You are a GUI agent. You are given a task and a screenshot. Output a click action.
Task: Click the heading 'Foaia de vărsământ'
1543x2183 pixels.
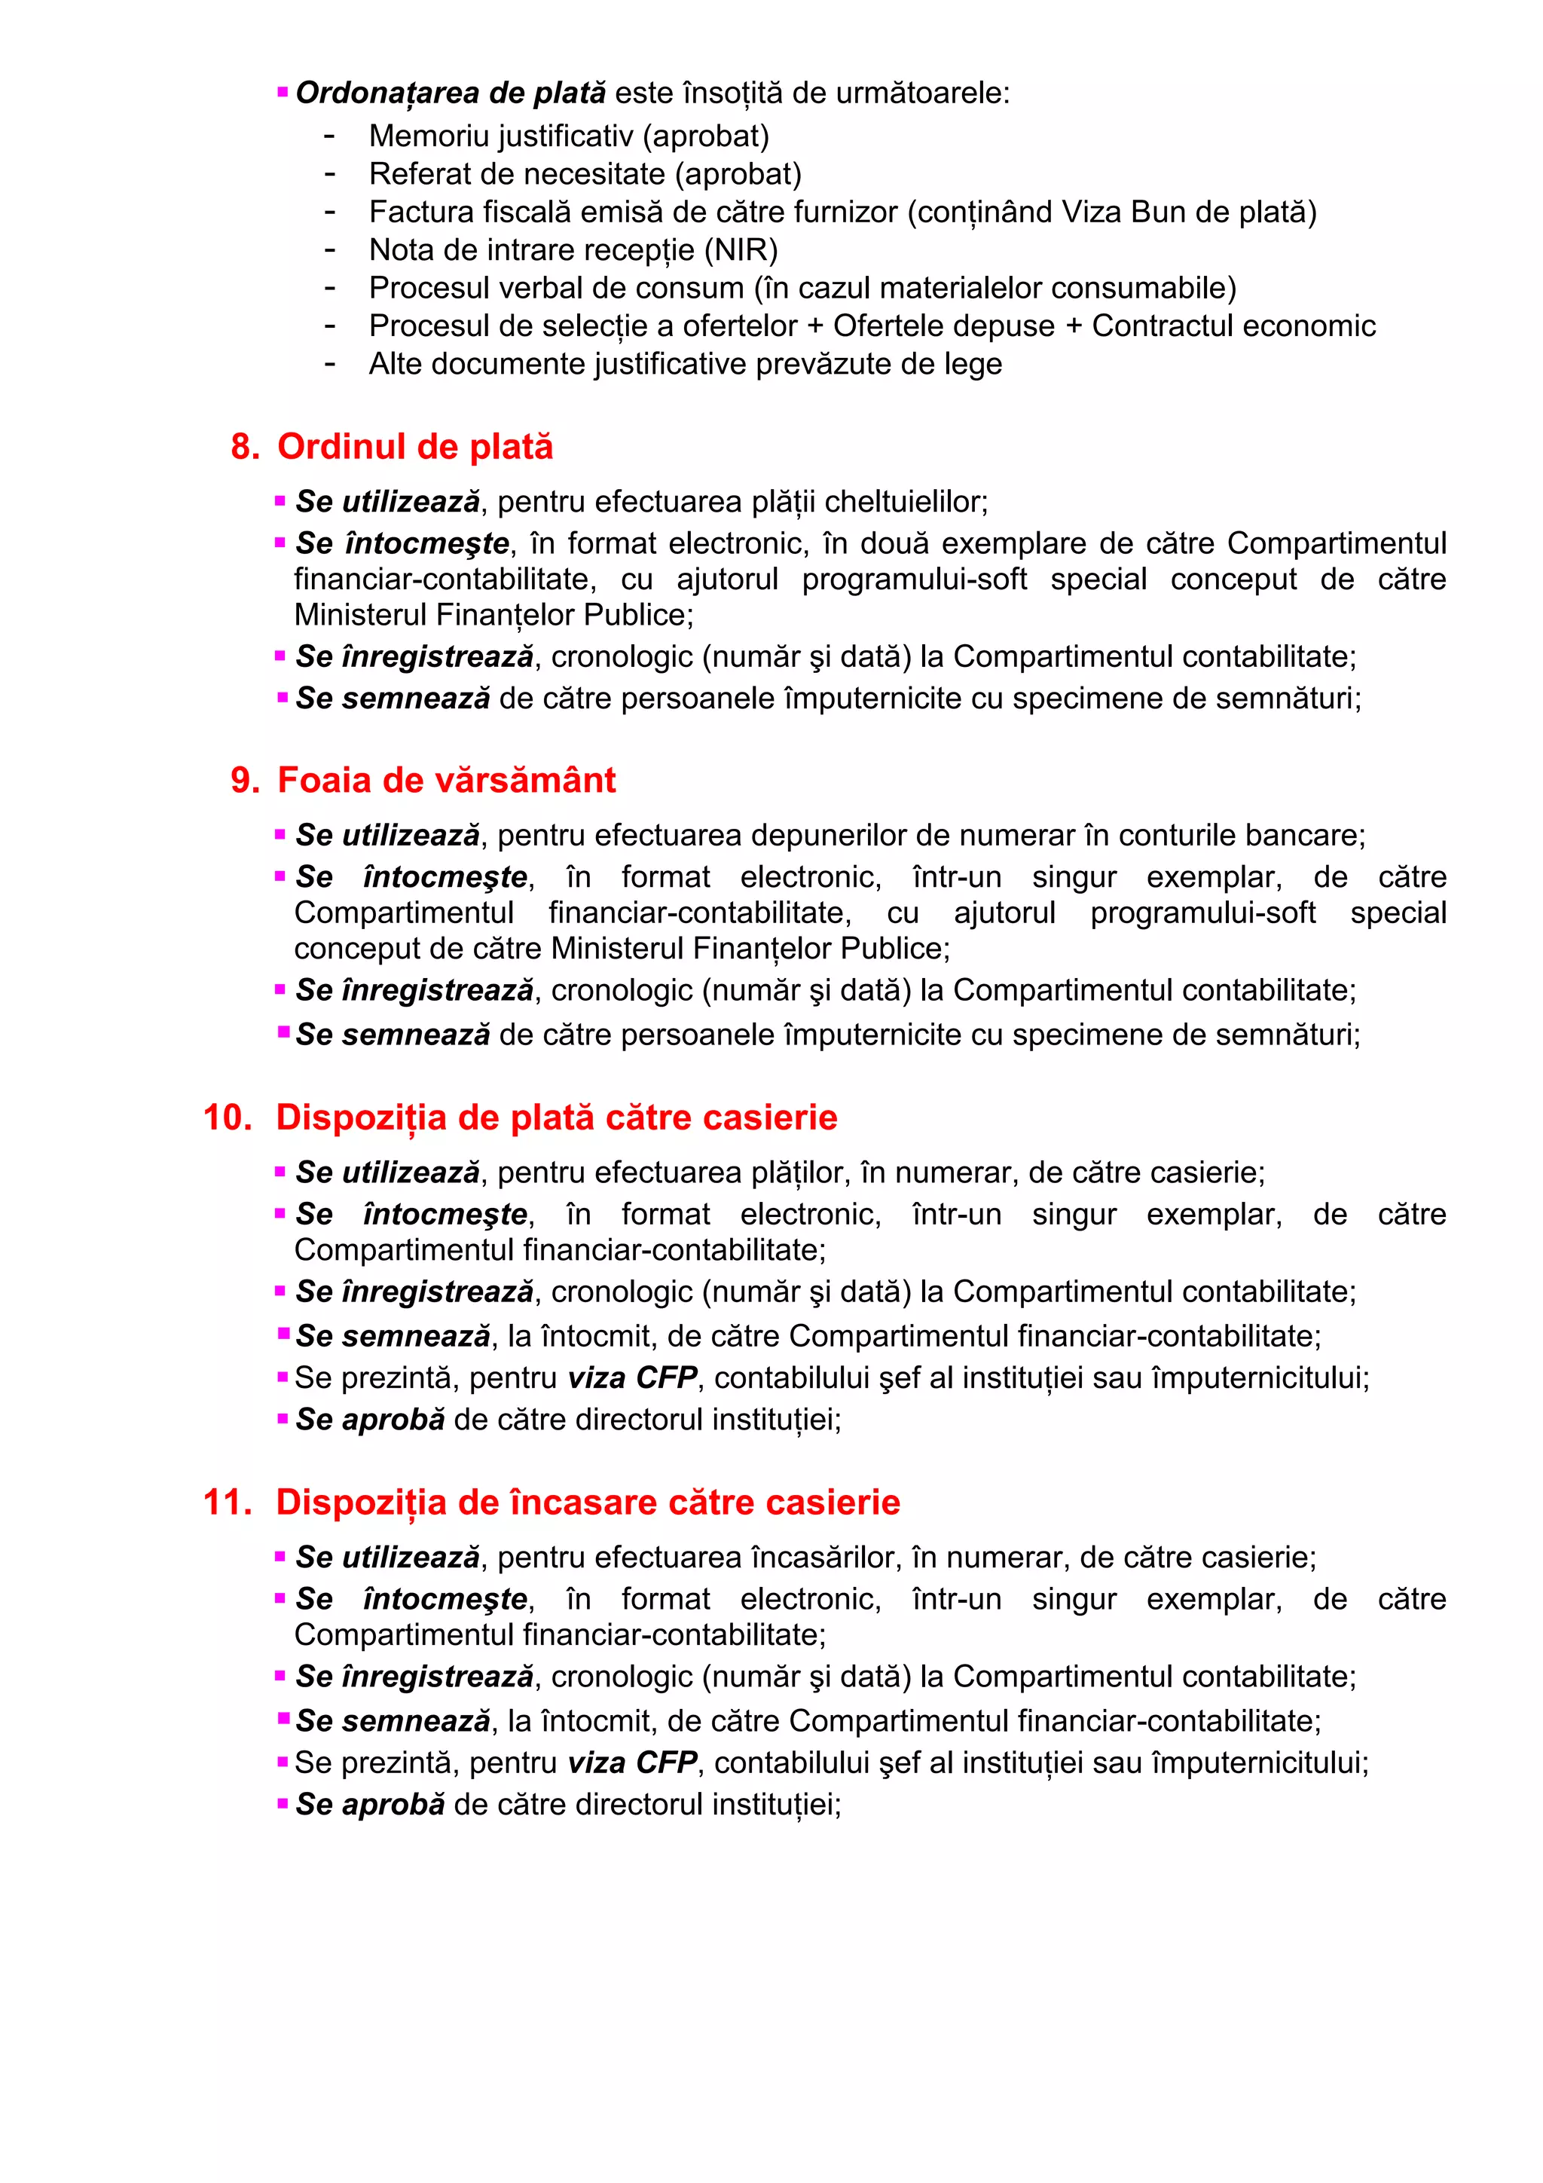click(x=446, y=781)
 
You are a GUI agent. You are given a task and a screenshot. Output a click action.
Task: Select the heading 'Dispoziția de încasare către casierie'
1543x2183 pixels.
click(x=588, y=1503)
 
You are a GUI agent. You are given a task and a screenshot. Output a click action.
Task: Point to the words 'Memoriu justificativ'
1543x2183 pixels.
click(x=500, y=136)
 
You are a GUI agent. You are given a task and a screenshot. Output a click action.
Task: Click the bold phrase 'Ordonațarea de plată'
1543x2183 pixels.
click(x=451, y=93)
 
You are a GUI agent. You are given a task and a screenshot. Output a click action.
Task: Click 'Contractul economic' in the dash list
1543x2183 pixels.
click(x=1233, y=326)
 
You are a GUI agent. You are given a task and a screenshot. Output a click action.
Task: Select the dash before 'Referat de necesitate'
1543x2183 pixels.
click(x=330, y=174)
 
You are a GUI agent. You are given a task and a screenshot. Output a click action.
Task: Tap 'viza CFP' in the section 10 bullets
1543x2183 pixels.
click(x=632, y=1377)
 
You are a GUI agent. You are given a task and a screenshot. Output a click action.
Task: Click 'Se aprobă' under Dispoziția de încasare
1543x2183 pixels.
click(x=370, y=1805)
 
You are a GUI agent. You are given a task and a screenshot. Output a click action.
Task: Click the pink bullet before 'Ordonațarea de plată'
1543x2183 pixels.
click(x=283, y=92)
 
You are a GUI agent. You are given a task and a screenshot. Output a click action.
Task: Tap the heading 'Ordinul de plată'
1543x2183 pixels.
click(x=414, y=447)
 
